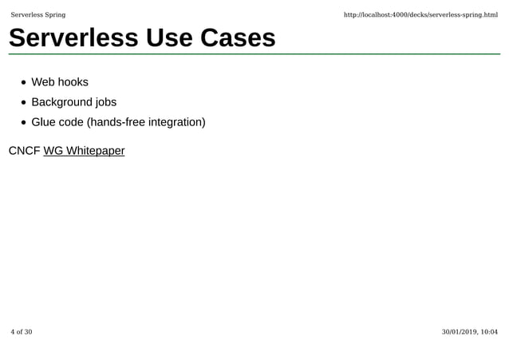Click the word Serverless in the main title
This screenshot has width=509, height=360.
74,38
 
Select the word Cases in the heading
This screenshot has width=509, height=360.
235,38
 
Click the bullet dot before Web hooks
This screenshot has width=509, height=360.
26,82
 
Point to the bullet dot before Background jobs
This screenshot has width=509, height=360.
26,102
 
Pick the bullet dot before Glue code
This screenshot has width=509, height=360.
26,123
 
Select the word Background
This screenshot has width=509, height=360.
61,102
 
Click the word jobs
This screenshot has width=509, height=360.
106,102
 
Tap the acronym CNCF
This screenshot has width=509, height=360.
24,150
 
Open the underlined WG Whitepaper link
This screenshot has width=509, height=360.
84,150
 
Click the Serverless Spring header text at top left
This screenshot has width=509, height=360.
38,15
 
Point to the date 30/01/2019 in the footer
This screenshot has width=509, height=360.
460,332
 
